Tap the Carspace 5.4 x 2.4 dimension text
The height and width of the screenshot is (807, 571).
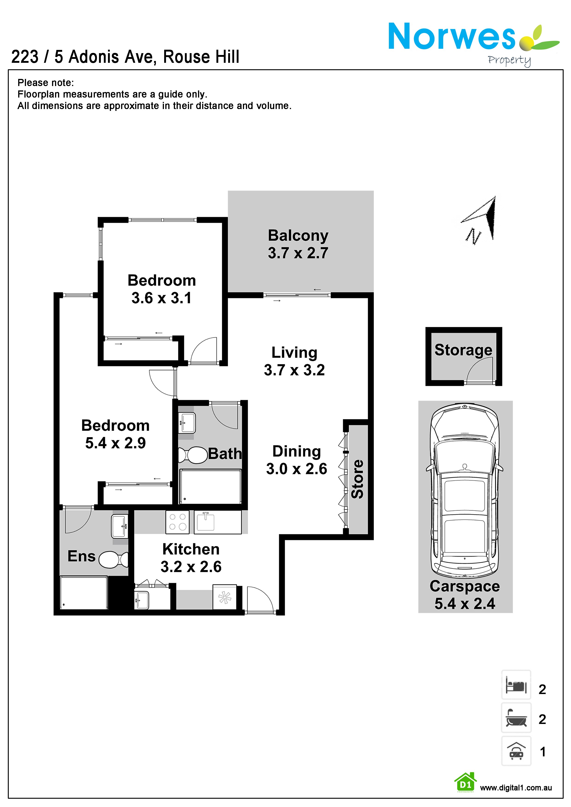[x=465, y=603]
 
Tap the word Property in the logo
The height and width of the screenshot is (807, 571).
[x=509, y=61]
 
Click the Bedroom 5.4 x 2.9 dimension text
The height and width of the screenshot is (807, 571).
[x=115, y=443]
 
